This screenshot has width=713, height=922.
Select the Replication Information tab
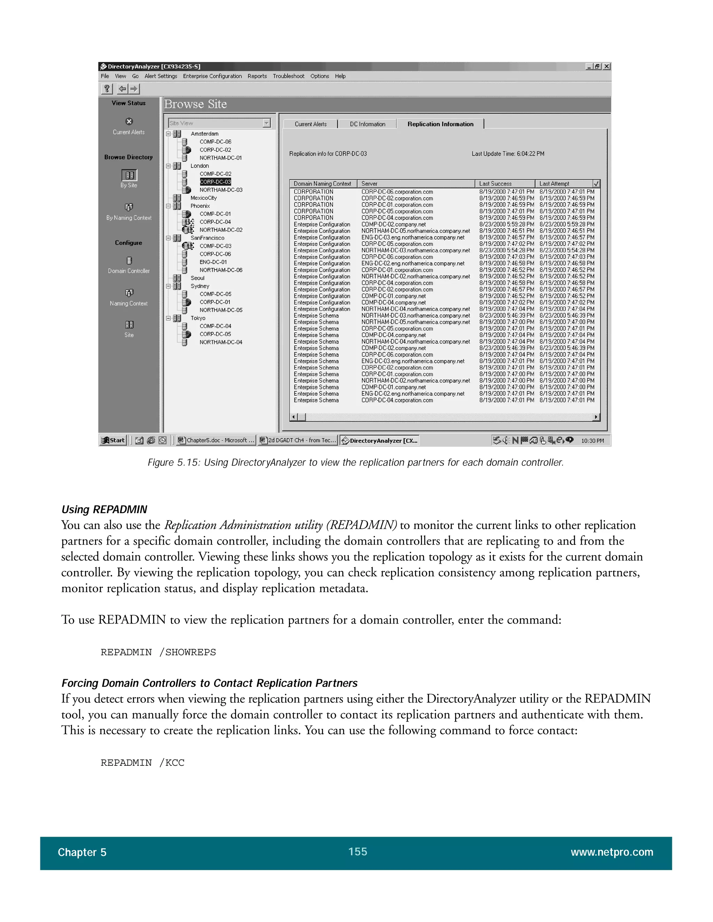point(440,124)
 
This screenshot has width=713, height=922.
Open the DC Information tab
point(367,124)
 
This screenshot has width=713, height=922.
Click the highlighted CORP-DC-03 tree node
point(216,182)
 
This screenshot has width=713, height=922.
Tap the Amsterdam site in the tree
point(204,134)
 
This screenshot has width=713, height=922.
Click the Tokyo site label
point(198,318)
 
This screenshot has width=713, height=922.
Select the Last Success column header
point(495,184)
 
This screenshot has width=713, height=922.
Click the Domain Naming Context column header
point(322,184)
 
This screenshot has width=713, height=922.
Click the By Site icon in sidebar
point(129,175)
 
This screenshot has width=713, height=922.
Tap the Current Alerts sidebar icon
point(129,121)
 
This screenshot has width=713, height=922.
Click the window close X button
point(606,66)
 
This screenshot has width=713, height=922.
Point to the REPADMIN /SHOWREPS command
point(158,652)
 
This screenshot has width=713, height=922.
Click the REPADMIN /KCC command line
point(142,763)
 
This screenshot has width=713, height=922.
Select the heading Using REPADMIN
point(104,510)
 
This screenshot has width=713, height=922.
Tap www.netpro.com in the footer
point(612,852)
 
